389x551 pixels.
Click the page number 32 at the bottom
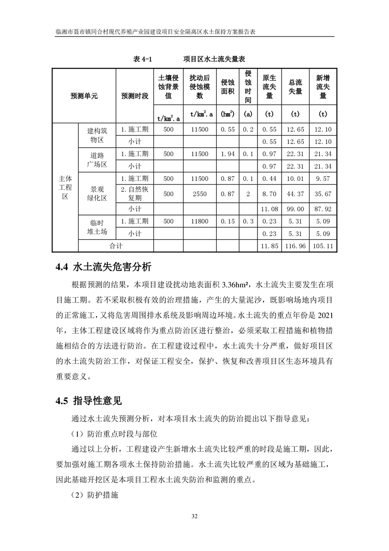point(194,516)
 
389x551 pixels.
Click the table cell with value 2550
point(200,194)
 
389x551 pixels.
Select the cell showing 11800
point(200,221)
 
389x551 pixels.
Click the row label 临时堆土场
point(97,227)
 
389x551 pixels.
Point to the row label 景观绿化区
point(97,193)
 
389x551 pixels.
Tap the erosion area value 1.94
point(228,154)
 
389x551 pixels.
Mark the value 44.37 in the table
point(295,194)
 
